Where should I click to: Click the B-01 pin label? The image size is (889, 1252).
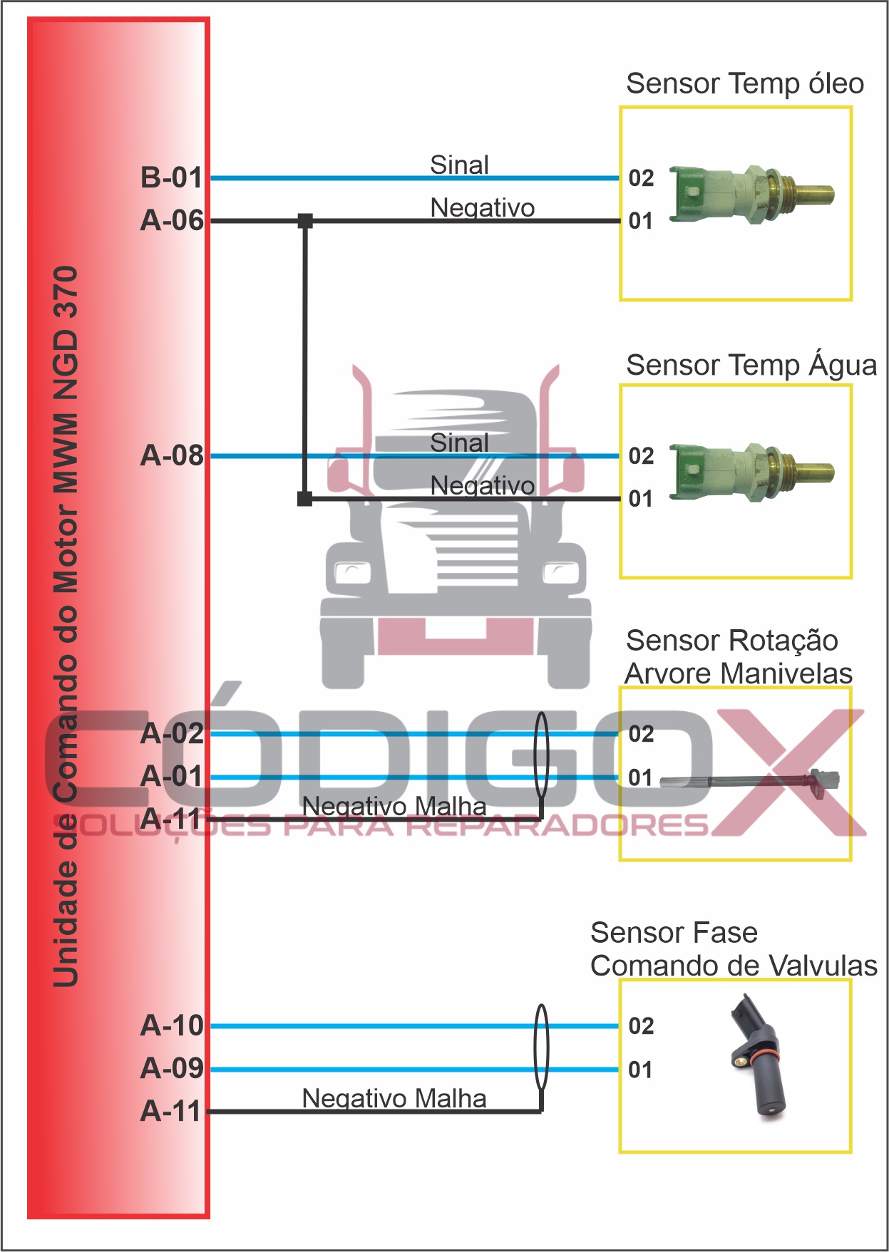tap(172, 178)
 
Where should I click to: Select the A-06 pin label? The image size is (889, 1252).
tap(172, 221)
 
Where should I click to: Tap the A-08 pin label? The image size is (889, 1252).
tap(172, 456)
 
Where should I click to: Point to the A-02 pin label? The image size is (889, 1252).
tap(172, 734)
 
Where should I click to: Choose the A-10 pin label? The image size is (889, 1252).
tap(172, 1026)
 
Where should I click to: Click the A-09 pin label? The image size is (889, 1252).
tap(172, 1069)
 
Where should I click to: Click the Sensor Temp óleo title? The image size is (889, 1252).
tap(744, 84)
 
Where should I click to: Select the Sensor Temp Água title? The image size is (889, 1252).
tap(751, 366)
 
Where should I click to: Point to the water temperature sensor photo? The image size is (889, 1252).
tap(751, 472)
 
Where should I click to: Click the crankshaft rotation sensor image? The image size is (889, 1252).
tap(749, 780)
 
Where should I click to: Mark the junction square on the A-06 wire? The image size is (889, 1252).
tap(305, 221)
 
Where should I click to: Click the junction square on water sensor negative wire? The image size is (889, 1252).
tap(305, 499)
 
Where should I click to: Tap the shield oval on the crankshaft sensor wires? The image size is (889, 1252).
tap(542, 755)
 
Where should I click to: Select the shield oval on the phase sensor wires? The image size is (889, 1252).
tap(542, 1047)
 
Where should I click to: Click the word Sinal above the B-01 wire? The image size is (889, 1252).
tap(459, 165)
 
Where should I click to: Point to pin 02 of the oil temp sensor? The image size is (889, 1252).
tap(641, 178)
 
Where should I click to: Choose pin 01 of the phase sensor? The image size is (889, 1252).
tap(640, 1070)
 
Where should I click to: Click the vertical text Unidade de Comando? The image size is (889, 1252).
tap(66, 627)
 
